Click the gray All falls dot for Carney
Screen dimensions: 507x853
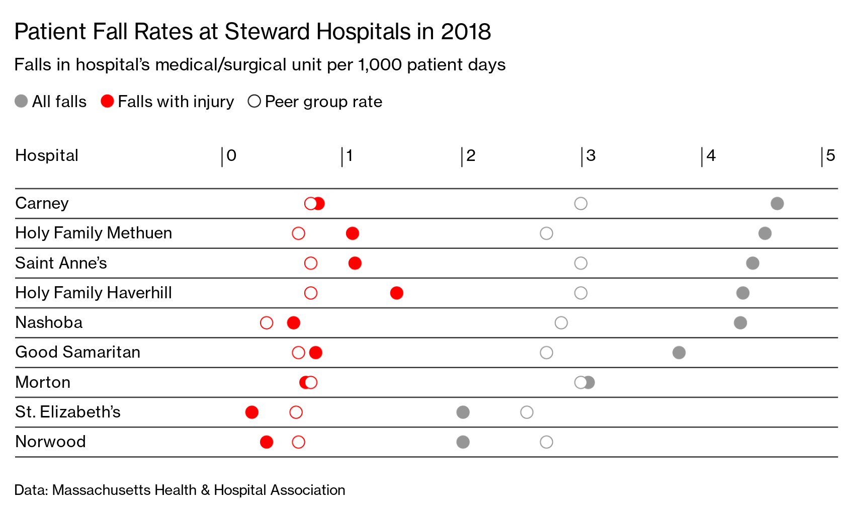[777, 204]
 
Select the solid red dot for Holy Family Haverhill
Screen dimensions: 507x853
[396, 293]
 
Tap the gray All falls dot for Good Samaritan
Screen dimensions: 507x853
[679, 353]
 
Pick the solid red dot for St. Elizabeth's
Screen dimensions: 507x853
[252, 412]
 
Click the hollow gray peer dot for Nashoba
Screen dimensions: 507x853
[561, 323]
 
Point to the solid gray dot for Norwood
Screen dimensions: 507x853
[463, 442]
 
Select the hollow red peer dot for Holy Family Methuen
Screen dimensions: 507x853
[298, 233]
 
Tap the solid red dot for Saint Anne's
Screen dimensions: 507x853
[355, 263]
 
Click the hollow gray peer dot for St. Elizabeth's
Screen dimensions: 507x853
[527, 412]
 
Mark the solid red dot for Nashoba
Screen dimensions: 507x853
[294, 323]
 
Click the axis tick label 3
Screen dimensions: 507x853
[591, 156]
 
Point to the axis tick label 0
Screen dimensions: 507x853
[231, 156]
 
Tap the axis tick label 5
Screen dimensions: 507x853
[830, 156]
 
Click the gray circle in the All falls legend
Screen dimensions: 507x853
[21, 102]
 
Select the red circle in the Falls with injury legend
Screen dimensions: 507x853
[107, 102]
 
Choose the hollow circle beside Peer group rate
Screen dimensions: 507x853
[254, 102]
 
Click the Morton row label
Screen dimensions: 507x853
[43, 382]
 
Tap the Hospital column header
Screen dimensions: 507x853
[47, 156]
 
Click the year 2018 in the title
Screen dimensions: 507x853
[466, 32]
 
